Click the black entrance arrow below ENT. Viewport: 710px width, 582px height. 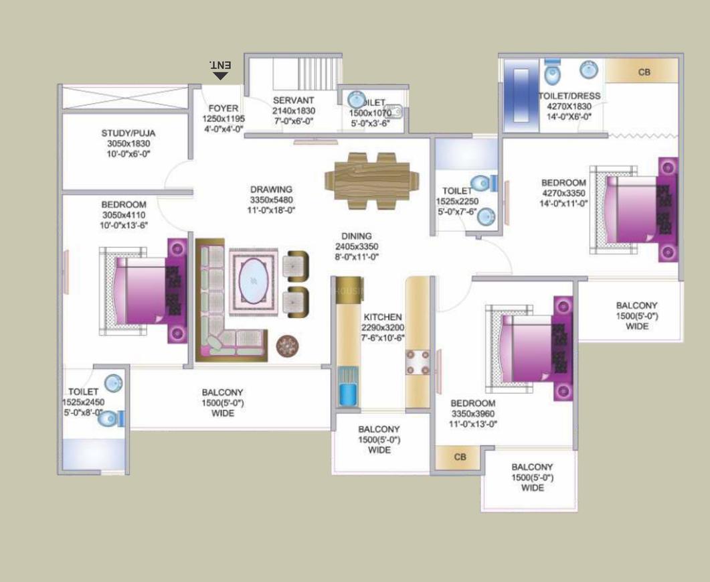pos(221,76)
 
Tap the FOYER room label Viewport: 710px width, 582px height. pos(223,108)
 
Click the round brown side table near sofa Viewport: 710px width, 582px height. pos(287,345)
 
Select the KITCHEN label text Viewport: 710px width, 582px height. pos(383,317)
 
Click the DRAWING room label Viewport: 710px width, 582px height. pos(271,190)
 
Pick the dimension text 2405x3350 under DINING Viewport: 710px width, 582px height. pos(357,246)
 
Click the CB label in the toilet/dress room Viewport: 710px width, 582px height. pos(644,72)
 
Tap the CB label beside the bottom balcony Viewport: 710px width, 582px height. pos(460,457)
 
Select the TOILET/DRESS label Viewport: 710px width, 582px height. pos(569,96)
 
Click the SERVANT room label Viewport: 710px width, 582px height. pos(293,101)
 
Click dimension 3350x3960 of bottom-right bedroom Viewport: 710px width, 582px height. pos(472,413)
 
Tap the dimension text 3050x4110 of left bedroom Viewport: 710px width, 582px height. pos(123,215)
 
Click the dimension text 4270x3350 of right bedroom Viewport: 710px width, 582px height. pos(564,193)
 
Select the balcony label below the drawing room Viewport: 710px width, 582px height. pos(223,392)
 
